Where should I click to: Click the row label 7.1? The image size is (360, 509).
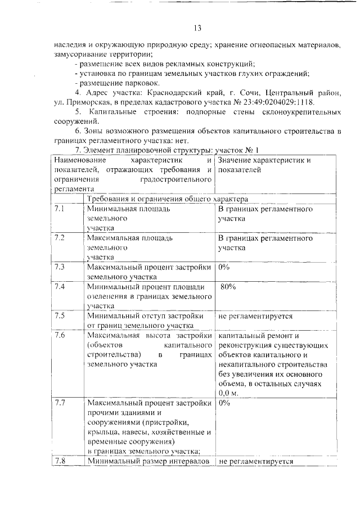point(60,209)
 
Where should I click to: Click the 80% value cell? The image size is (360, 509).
point(228,287)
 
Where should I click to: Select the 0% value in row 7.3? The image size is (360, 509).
point(224,267)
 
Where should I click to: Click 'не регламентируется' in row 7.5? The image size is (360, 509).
point(256,316)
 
